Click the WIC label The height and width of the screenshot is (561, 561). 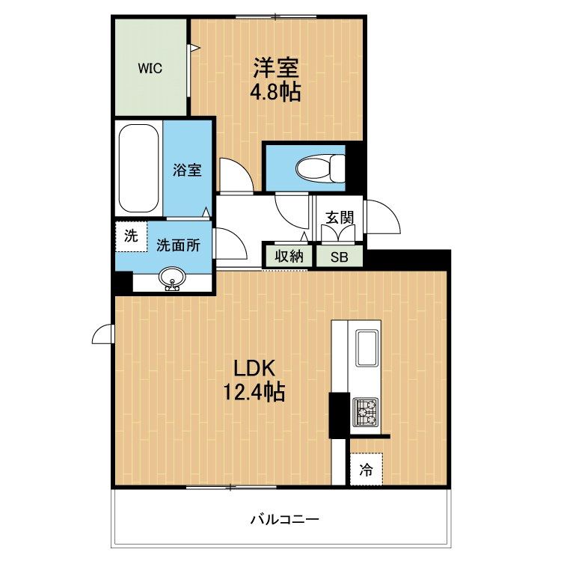pyautogui.click(x=150, y=68)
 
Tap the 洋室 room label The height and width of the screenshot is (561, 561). pyautogui.click(x=276, y=67)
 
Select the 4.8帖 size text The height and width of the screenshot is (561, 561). pyautogui.click(x=275, y=92)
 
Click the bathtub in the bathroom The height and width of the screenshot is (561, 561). pyautogui.click(x=139, y=168)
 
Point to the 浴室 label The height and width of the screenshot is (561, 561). pyautogui.click(x=187, y=170)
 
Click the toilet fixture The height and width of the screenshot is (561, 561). pyautogui.click(x=320, y=168)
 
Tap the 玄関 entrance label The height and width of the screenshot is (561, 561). pyautogui.click(x=340, y=217)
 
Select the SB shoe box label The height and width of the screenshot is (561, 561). pyautogui.click(x=339, y=257)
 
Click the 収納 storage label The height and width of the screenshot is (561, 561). pyautogui.click(x=289, y=256)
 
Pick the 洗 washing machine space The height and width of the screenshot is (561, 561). pyautogui.click(x=132, y=236)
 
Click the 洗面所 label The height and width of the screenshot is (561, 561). pyautogui.click(x=178, y=245)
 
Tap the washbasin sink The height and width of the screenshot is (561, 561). pyautogui.click(x=172, y=278)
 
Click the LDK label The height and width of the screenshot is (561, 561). pyautogui.click(x=254, y=369)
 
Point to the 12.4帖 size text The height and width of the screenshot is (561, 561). pyautogui.click(x=254, y=392)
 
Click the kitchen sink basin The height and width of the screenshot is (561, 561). pyautogui.click(x=366, y=348)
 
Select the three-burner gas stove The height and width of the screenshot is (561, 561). pyautogui.click(x=366, y=412)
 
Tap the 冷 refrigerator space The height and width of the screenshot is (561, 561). pyautogui.click(x=367, y=470)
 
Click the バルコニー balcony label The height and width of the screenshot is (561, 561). pyautogui.click(x=284, y=519)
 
